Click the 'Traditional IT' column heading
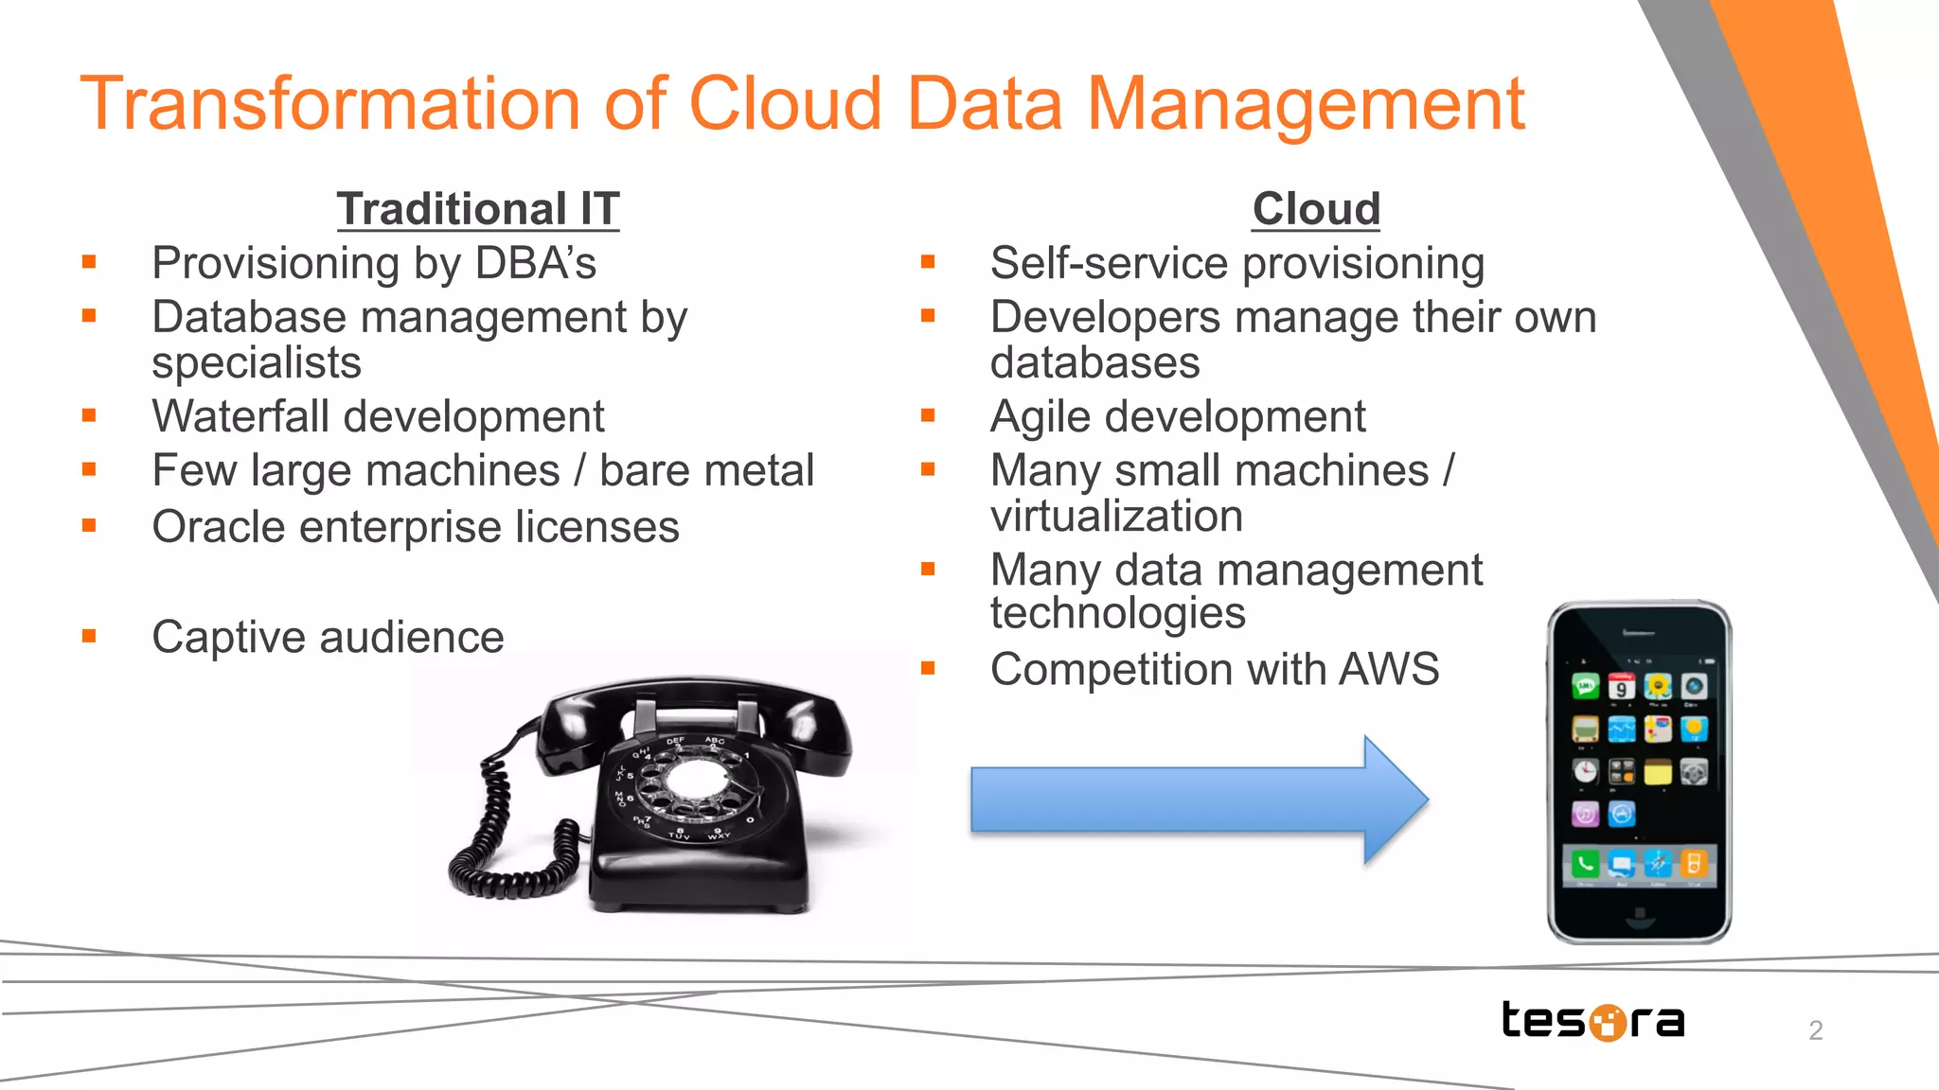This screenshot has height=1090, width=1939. click(x=478, y=209)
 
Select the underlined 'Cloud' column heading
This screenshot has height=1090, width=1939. click(x=1316, y=209)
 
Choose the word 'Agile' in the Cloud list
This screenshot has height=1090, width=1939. click(x=1040, y=417)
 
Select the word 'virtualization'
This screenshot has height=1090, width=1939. click(x=1116, y=516)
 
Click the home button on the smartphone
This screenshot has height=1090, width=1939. click(x=1639, y=915)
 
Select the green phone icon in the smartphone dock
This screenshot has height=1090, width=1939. click(x=1585, y=863)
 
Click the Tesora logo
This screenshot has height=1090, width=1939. click(x=1592, y=1020)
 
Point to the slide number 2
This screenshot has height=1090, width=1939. click(x=1815, y=1029)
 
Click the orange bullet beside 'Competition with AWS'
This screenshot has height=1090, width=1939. click(x=928, y=669)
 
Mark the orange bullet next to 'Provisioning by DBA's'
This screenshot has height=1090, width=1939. click(x=89, y=263)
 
